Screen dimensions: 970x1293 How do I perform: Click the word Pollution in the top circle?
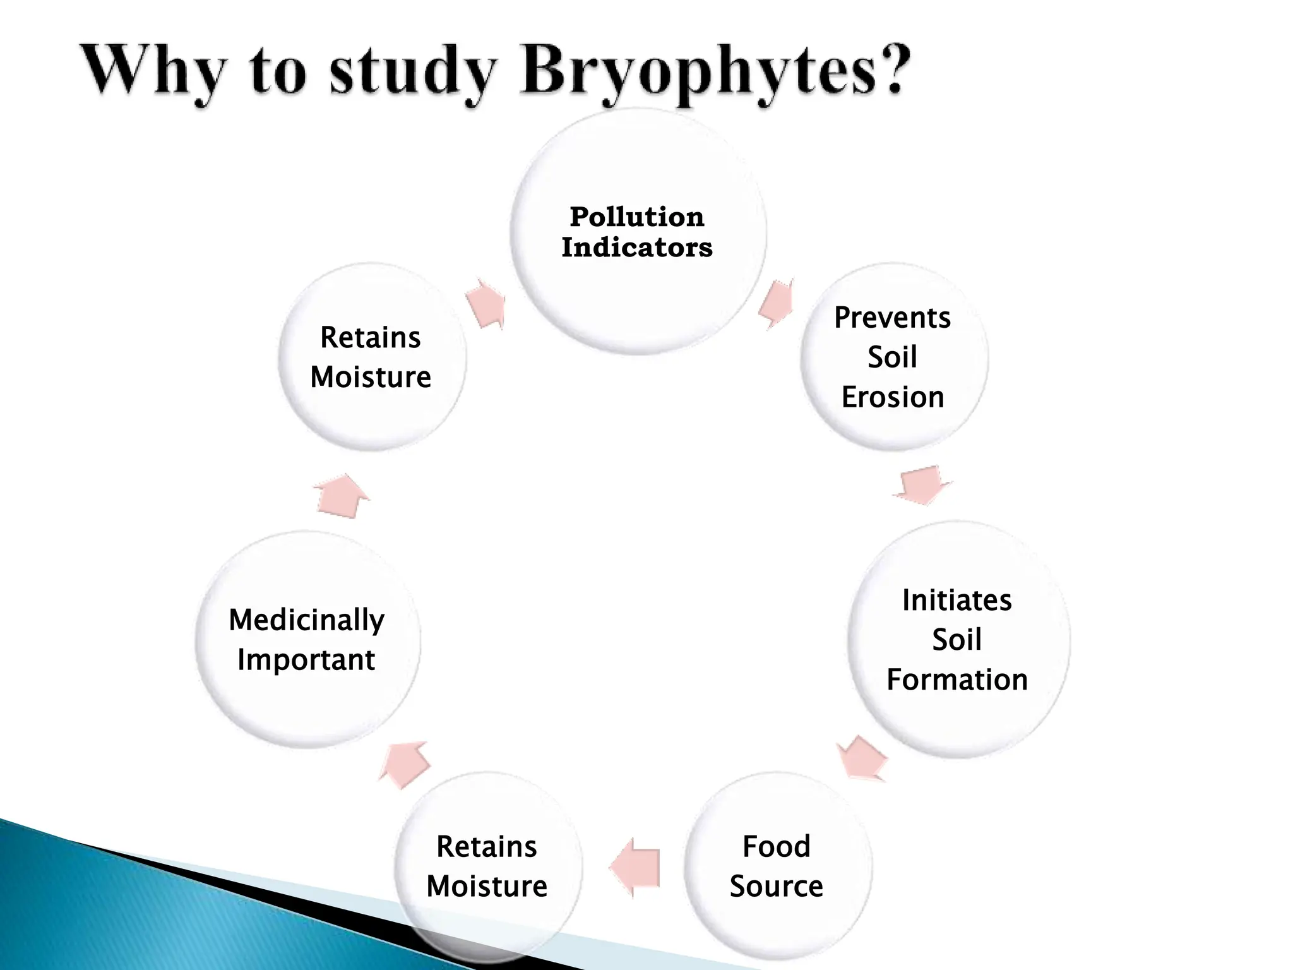(x=636, y=217)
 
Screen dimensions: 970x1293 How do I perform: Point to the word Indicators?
(x=636, y=248)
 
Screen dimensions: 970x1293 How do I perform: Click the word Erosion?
(x=892, y=397)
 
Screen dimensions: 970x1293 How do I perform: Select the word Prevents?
(x=892, y=318)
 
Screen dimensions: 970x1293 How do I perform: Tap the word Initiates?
(x=956, y=600)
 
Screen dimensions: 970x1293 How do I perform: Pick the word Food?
(x=776, y=846)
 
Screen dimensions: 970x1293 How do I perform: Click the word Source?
(x=776, y=886)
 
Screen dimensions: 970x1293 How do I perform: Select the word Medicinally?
(x=306, y=620)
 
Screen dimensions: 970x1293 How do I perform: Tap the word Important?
(x=306, y=660)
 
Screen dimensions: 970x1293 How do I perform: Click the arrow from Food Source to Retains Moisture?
(x=635, y=866)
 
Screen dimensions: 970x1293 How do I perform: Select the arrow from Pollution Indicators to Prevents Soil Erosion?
(x=776, y=303)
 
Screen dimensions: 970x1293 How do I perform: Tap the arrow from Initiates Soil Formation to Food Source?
(x=862, y=758)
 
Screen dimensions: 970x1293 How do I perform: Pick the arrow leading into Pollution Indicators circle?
(x=487, y=304)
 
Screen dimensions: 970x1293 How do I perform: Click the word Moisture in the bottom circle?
(x=487, y=886)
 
